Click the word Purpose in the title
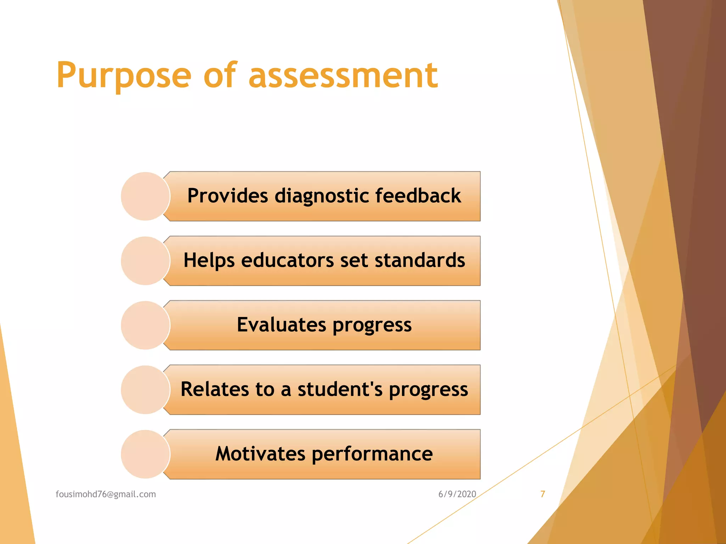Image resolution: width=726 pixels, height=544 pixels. (124, 75)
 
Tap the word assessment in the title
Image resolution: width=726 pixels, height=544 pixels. (343, 75)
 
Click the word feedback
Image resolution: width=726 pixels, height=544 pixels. (418, 196)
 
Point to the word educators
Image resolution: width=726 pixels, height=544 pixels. (287, 260)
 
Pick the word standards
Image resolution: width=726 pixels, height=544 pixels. (420, 260)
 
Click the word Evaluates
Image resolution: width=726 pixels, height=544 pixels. (281, 325)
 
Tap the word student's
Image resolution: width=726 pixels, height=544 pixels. (340, 389)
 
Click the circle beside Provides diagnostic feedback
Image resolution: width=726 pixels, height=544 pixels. (145, 196)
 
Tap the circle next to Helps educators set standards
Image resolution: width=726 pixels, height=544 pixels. (145, 261)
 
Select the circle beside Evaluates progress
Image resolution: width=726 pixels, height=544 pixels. (145, 325)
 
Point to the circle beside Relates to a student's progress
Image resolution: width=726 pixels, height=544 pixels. (145, 390)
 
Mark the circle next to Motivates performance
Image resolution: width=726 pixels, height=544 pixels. (145, 454)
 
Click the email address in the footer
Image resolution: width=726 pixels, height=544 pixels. (106, 494)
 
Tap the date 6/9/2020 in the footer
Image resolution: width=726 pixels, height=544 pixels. (457, 494)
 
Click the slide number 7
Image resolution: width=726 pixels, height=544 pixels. (542, 494)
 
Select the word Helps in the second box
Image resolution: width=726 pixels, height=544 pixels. (209, 260)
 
